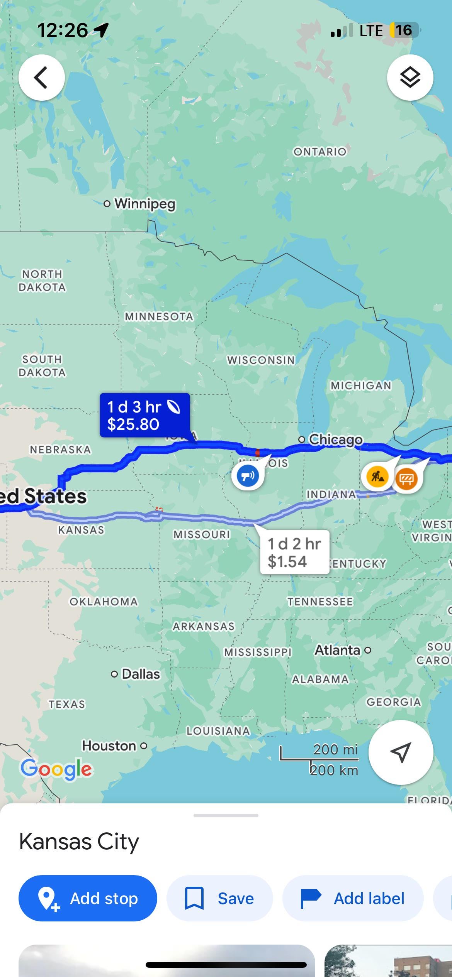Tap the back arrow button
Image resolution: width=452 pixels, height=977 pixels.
tap(41, 78)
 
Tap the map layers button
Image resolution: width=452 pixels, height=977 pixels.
tap(410, 78)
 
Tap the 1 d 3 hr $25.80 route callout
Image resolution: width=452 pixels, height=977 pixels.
tap(144, 415)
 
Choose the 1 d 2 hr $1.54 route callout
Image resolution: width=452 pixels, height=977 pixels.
tap(294, 552)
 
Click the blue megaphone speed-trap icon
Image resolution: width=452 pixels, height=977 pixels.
tap(248, 475)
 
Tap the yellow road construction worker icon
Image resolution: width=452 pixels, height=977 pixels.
tap(377, 477)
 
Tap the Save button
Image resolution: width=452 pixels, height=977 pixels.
tap(219, 898)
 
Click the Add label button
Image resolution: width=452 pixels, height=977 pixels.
tap(353, 898)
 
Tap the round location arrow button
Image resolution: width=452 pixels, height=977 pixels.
tap(400, 752)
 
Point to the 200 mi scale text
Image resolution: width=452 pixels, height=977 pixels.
tap(335, 749)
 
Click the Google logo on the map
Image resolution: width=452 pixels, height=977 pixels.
tap(56, 769)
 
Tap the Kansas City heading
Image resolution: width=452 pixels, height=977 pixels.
tap(79, 842)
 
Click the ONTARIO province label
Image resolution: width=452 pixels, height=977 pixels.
tap(319, 152)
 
